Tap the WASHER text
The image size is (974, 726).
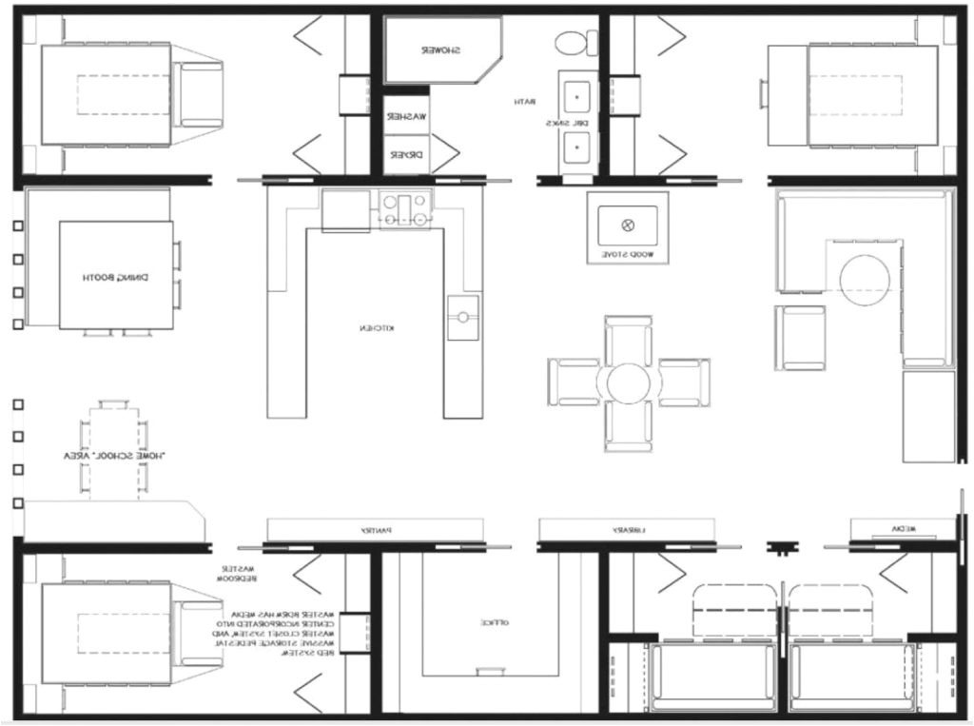click(405, 116)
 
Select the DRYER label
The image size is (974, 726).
click(405, 154)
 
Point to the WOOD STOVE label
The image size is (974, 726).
click(628, 256)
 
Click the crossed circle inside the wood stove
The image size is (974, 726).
click(627, 226)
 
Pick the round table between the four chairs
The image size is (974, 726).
click(627, 383)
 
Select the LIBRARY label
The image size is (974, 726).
click(626, 529)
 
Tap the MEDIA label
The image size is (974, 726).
click(902, 529)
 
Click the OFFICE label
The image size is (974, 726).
click(495, 622)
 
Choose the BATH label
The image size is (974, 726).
click(526, 102)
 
